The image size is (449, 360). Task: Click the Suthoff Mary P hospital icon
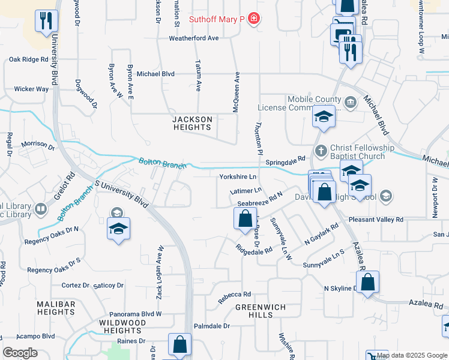[254, 19]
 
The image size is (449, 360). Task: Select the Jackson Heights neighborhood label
[193, 124]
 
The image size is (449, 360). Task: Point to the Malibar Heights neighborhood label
[56, 308]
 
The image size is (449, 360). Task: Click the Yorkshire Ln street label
[238, 177]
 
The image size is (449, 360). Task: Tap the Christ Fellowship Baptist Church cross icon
[321, 150]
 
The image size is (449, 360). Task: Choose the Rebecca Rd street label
[234, 295]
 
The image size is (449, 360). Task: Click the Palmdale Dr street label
[212, 326]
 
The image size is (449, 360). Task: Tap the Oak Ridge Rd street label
[28, 59]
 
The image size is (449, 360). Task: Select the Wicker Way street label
[31, 89]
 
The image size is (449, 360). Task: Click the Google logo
[20, 352]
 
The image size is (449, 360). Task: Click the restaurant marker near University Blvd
[46, 22]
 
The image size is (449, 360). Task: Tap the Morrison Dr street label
[38, 145]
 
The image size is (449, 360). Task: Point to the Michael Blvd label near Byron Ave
[155, 74]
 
